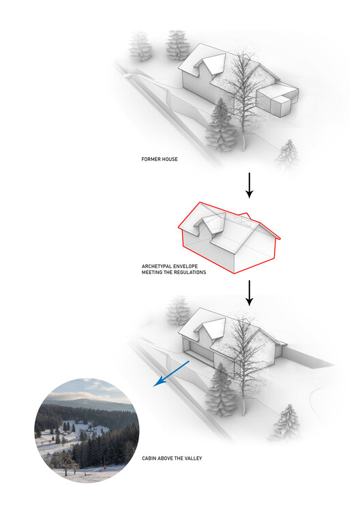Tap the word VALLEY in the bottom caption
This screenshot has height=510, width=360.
tap(192, 458)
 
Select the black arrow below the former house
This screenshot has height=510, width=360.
tap(249, 185)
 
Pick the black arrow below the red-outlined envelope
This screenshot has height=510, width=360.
tap(249, 292)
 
